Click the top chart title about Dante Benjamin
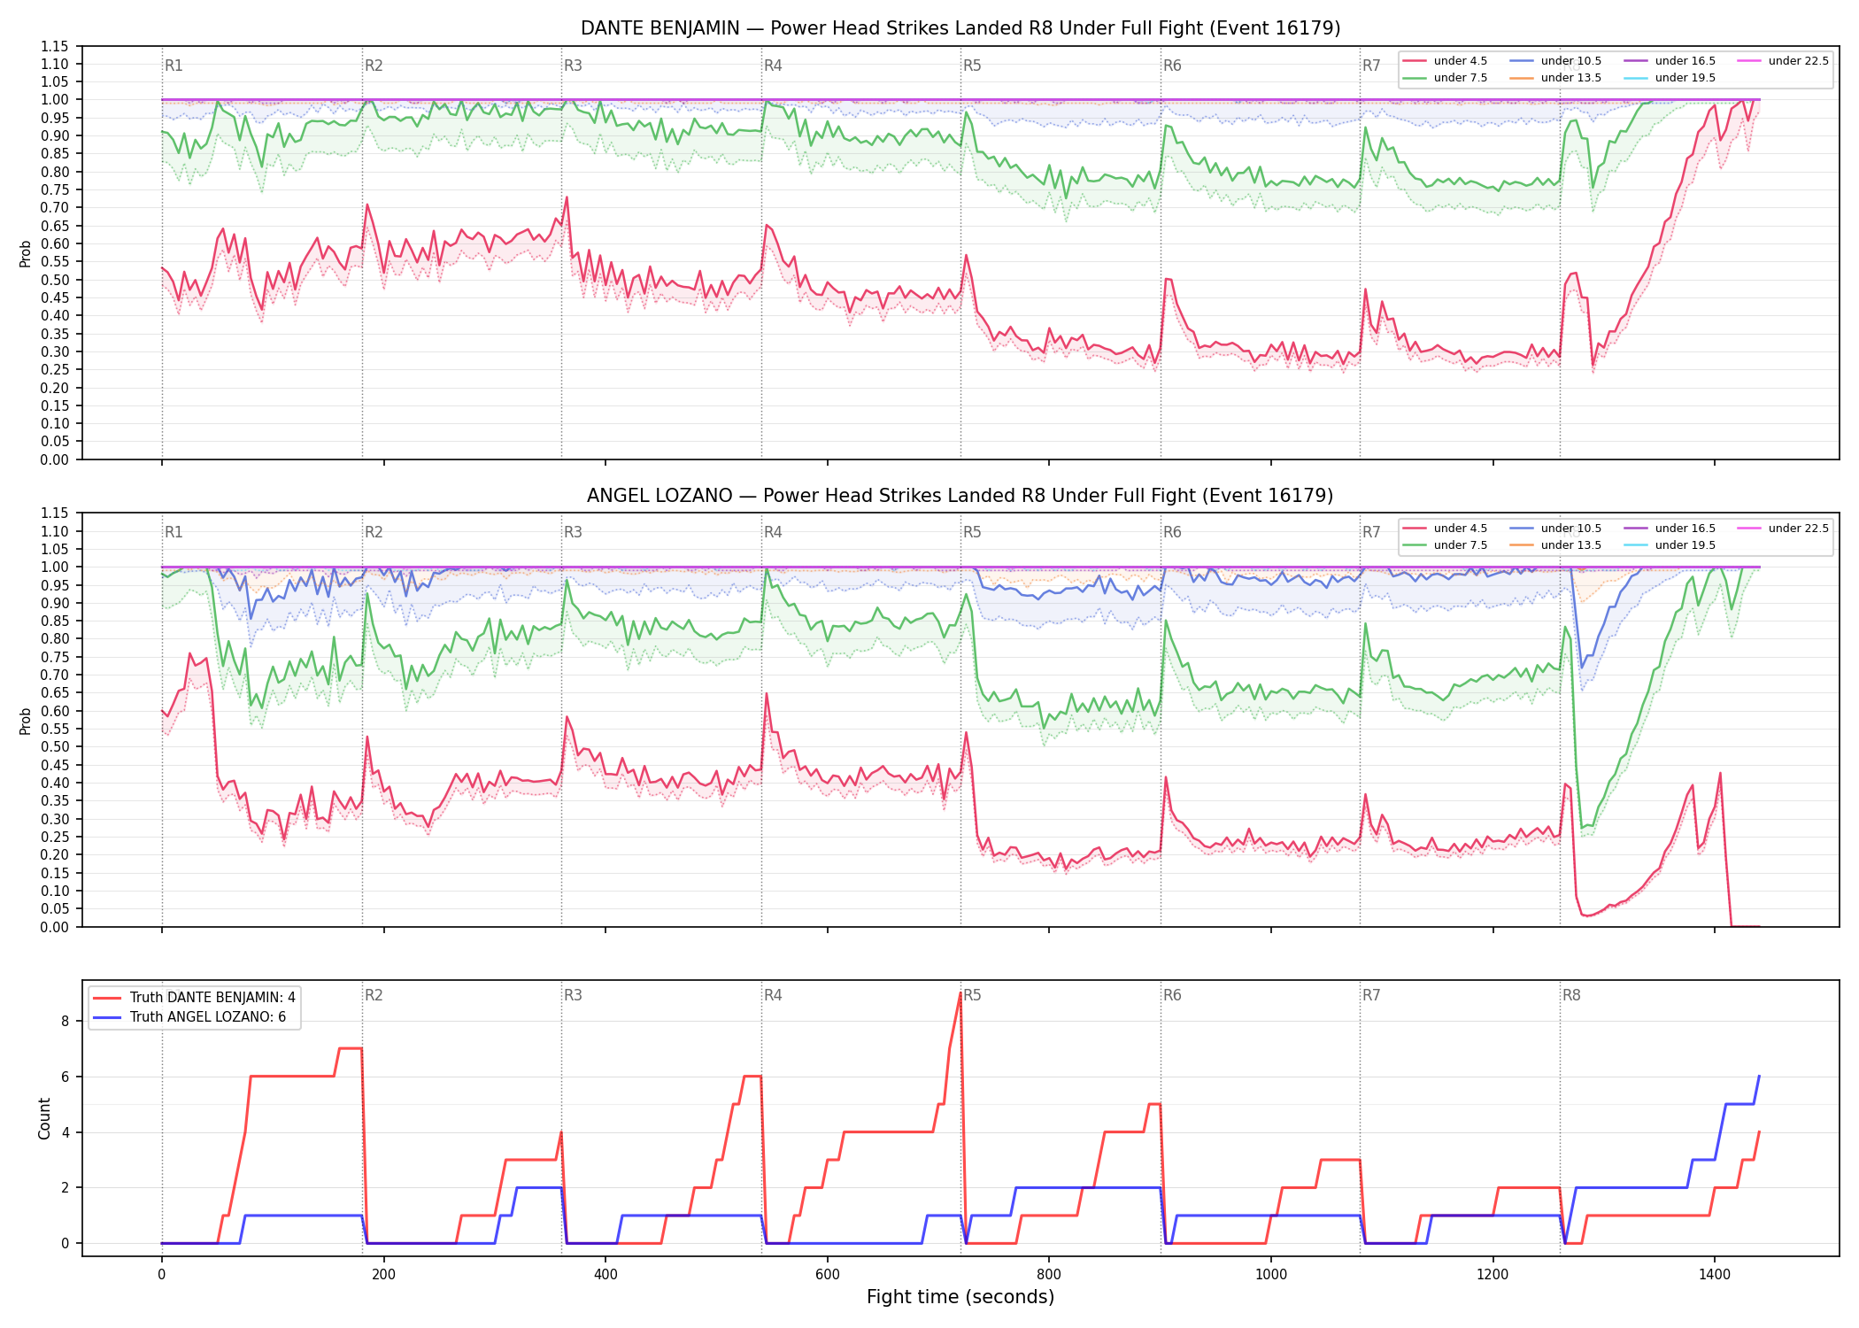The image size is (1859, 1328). click(960, 28)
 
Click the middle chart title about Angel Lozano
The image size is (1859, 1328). click(960, 496)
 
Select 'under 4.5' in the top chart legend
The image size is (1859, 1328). click(1461, 61)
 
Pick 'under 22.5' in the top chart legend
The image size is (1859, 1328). click(1798, 61)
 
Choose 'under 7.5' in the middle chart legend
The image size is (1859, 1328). click(1461, 545)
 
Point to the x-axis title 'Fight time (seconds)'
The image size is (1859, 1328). click(960, 1297)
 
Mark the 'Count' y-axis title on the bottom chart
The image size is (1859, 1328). click(44, 1118)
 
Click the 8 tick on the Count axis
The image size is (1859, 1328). click(66, 1021)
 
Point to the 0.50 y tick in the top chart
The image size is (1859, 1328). click(57, 280)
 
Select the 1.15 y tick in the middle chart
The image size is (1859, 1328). click(57, 513)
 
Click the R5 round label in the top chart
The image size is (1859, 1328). click(973, 66)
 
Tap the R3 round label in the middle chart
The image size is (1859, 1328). click(574, 532)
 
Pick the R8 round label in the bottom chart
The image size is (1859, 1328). click(1571, 995)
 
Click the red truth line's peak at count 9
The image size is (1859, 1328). click(960, 992)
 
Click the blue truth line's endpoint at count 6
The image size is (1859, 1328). click(1759, 1077)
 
